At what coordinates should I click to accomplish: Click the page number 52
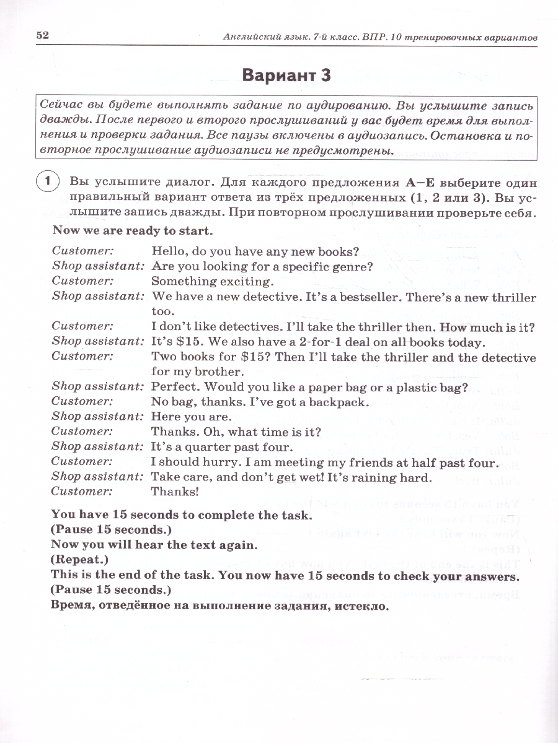tap(42, 36)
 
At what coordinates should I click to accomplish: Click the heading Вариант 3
tap(286, 76)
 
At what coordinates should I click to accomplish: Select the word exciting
tap(242, 282)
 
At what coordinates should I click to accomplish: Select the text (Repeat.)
tap(79, 560)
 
